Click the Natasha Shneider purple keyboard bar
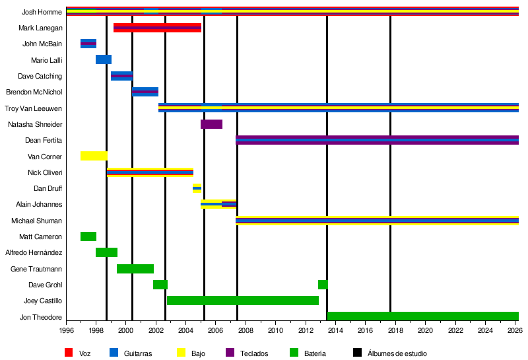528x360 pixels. (x=211, y=124)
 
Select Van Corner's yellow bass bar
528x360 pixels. (x=94, y=157)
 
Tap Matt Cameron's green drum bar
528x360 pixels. (x=88, y=236)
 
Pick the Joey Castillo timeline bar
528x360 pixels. (x=242, y=301)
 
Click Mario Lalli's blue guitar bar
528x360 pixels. (x=104, y=59)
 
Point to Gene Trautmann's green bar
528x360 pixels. (x=135, y=269)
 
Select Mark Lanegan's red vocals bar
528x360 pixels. (x=157, y=28)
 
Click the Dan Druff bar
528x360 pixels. (x=197, y=188)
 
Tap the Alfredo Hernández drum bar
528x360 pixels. (x=106, y=252)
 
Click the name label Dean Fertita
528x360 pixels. (x=44, y=140)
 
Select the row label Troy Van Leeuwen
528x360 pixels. (x=34, y=108)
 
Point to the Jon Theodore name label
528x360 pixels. (x=41, y=317)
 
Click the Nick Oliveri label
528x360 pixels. (x=46, y=172)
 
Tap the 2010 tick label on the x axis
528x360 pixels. (x=275, y=330)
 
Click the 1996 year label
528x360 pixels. (x=67, y=330)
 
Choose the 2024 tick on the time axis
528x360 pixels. (x=484, y=330)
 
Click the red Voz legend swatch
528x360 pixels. (x=68, y=353)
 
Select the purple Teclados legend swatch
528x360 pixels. (x=230, y=353)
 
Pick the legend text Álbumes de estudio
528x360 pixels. (x=395, y=354)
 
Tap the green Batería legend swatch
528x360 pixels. (x=293, y=353)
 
